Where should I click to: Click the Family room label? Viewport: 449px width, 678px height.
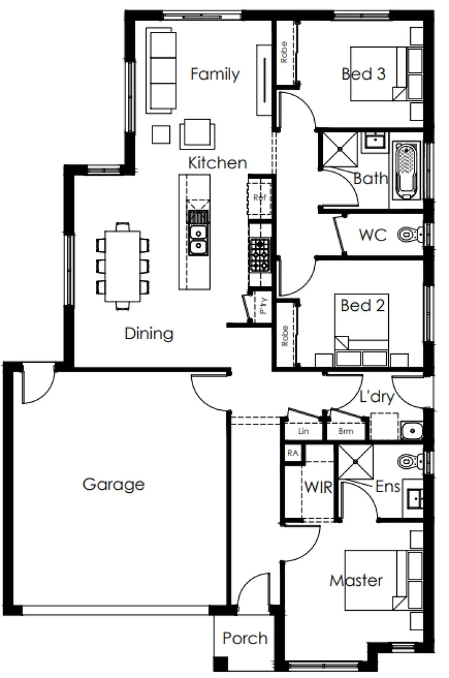coord(214,74)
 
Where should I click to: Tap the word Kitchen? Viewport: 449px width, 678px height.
coord(218,163)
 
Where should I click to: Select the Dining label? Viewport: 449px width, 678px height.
coord(149,333)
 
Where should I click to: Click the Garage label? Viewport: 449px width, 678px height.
coord(114,485)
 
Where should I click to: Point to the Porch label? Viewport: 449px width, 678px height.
coord(245,638)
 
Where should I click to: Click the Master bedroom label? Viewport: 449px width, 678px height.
coord(356,581)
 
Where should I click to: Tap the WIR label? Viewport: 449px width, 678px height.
coord(318,488)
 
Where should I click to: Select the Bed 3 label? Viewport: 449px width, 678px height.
coord(363,74)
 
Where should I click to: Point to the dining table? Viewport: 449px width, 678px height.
coord(123,266)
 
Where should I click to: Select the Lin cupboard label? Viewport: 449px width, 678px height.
coord(304,431)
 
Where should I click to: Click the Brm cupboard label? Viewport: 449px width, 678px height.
coord(345,431)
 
